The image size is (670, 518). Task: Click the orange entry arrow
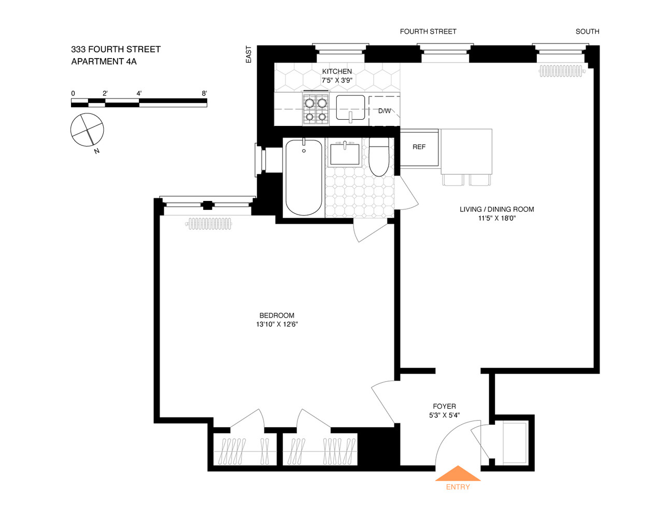tap(458, 474)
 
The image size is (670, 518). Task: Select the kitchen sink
tap(350, 108)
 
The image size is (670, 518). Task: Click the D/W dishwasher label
tap(384, 111)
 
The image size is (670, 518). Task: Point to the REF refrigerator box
tap(419, 148)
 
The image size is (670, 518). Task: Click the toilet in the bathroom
tap(379, 156)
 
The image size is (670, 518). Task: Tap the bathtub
tap(304, 178)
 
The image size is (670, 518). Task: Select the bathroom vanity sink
tap(345, 154)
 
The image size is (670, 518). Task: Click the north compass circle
tap(87, 129)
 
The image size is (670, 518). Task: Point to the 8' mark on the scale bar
tap(205, 94)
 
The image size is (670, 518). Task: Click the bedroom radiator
tap(209, 224)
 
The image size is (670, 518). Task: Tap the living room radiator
tap(561, 71)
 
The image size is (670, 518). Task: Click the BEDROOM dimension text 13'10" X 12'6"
tap(277, 325)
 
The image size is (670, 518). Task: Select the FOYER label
tap(444, 407)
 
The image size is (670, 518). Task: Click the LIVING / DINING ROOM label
tap(496, 209)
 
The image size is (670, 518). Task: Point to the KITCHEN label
tap(337, 71)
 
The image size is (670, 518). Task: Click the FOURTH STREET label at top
tap(428, 32)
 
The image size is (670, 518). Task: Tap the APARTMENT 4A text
tap(104, 62)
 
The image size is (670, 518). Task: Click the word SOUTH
tap(587, 32)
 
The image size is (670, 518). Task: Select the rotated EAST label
tap(249, 54)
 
